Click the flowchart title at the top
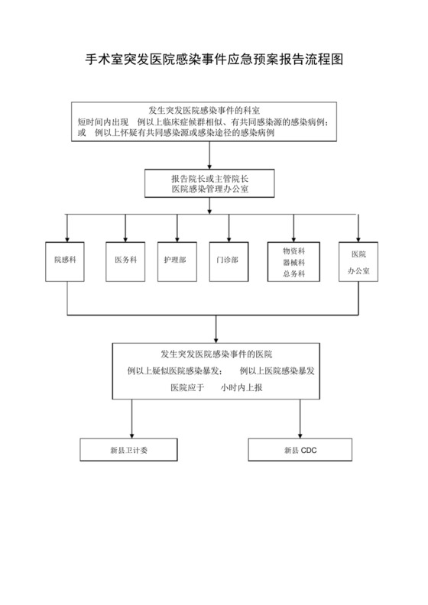click(213, 60)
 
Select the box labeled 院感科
click(68, 260)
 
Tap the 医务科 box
click(125, 260)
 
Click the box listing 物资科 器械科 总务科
click(293, 261)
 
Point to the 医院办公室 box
click(358, 262)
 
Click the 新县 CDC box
click(300, 450)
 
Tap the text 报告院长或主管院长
click(214, 177)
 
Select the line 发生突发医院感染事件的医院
click(216, 354)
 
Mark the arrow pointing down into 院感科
click(68, 229)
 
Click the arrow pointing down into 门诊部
click(229, 229)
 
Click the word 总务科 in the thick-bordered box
click(293, 273)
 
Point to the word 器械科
click(293, 261)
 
